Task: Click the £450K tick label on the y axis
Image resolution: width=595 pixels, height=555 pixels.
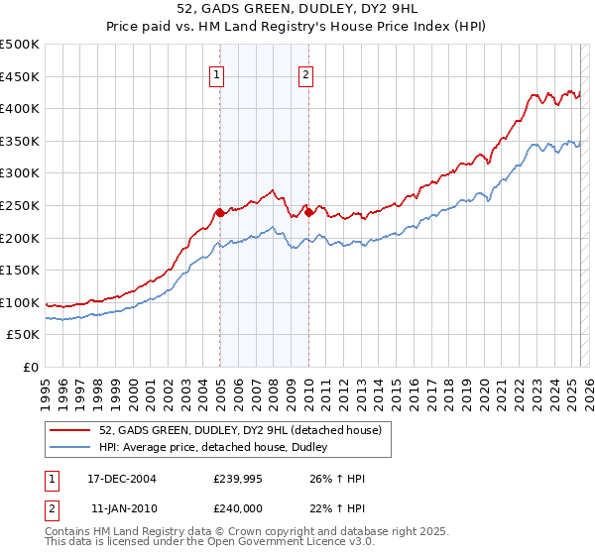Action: [20, 76]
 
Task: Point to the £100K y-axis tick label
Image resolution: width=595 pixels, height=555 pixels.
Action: [20, 302]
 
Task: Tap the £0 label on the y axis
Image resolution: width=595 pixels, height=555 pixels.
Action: [30, 367]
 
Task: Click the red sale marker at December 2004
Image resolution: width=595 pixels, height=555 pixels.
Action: [219, 212]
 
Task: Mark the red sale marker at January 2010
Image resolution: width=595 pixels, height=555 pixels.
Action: [308, 211]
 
